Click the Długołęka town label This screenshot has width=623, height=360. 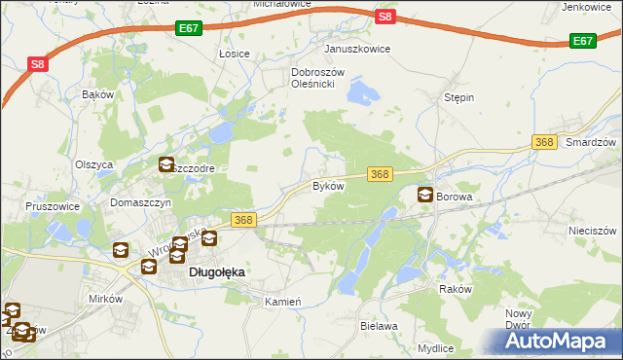point(216,273)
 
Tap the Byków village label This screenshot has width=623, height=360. point(328,186)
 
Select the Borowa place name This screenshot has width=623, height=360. point(454,197)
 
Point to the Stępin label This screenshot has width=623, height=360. point(458,98)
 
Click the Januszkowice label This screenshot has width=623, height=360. point(357,49)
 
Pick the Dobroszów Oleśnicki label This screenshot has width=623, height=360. point(313,78)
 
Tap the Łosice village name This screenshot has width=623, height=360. point(235,54)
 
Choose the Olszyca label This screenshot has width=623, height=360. point(94,164)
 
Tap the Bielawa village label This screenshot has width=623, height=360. point(379,326)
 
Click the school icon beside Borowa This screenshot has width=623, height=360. point(425,195)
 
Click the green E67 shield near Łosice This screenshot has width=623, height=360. point(190,30)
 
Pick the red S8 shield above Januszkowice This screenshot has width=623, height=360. point(385,17)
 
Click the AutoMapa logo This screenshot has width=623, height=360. point(560,342)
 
